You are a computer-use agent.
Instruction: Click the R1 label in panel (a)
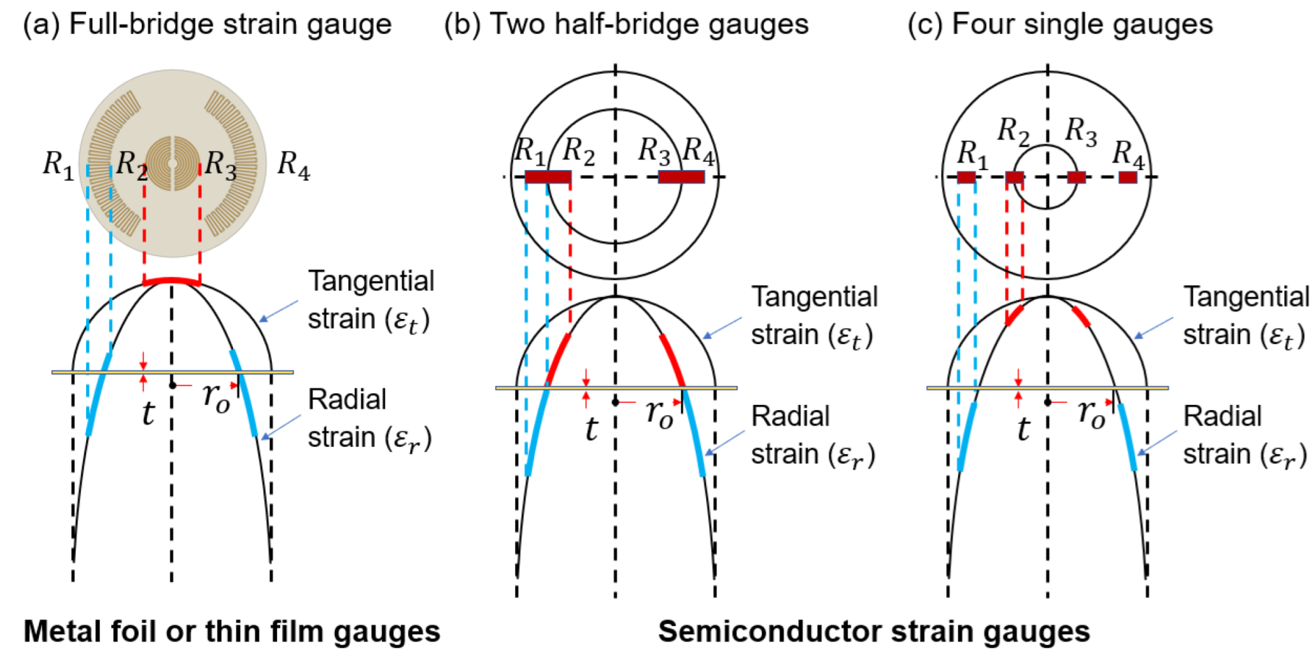click(x=58, y=165)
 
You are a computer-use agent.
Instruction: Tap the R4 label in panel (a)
click(x=293, y=165)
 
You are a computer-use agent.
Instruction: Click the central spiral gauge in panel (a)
click(x=172, y=163)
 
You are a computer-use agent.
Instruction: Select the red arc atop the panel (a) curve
click(x=171, y=281)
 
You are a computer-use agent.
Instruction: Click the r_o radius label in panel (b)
click(x=659, y=415)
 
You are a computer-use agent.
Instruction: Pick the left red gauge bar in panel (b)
click(x=548, y=177)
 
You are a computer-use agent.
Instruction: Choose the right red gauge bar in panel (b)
click(x=681, y=177)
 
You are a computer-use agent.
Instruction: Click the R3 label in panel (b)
click(x=654, y=151)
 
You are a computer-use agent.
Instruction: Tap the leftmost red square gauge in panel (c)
click(x=966, y=177)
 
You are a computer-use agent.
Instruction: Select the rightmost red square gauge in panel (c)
click(x=1127, y=177)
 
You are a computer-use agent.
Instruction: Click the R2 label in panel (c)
click(x=1013, y=132)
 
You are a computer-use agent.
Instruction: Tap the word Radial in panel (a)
click(x=347, y=400)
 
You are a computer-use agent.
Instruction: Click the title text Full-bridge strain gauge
click(x=230, y=25)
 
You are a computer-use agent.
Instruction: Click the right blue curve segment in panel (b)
click(x=694, y=434)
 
